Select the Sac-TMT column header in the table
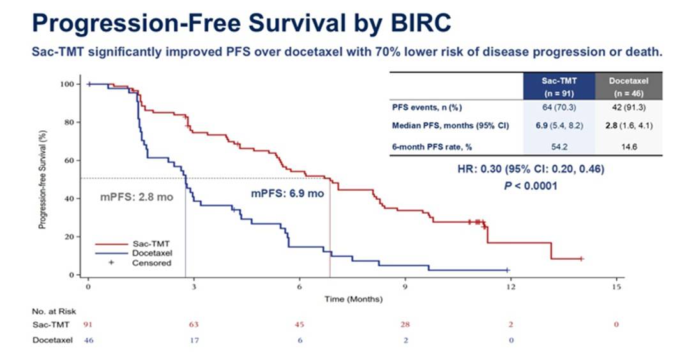pos(559,86)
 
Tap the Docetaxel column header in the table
pos(629,86)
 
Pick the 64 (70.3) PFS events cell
pos(559,107)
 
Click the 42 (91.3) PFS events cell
pos(629,107)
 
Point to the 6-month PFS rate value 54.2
pos(559,146)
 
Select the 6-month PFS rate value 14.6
pos(629,146)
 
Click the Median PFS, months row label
pos(450,126)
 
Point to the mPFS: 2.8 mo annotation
pos(137,197)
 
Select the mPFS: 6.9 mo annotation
pos(286,193)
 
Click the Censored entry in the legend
pos(152,262)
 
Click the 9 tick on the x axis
pos(405,287)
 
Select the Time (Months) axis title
pos(353,299)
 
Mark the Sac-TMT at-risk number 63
pos(193,325)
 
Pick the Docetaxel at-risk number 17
pos(193,340)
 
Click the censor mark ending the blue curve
pos(508,271)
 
